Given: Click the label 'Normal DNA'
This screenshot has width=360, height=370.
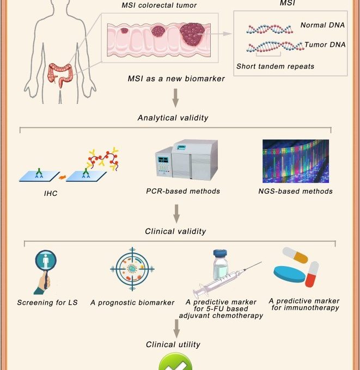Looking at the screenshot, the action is [322, 25].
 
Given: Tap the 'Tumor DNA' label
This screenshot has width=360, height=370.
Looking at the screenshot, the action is [325, 45].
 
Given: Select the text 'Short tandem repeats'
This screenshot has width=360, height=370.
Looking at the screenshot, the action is [275, 66].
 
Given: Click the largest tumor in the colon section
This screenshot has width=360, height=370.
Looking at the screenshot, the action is [192, 34].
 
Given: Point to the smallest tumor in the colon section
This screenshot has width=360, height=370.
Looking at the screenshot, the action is [124, 30].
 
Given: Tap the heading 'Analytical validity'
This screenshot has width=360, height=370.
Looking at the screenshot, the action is [173, 118].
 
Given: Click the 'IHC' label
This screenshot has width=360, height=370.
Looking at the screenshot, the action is [51, 194].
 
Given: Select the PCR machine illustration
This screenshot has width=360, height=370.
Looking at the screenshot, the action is [186, 160].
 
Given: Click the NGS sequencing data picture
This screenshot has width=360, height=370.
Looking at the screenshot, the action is [296, 161].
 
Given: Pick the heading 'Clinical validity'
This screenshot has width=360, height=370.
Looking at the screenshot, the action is [175, 231].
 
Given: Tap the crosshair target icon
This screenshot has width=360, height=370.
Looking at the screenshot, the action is [132, 269].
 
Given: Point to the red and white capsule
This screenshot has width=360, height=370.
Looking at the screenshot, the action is [312, 274].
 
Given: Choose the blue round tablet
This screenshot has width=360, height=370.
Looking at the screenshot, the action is [289, 274].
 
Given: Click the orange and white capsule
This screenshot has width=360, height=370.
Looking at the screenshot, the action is [295, 255].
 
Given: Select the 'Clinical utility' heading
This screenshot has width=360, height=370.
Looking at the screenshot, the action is [173, 344].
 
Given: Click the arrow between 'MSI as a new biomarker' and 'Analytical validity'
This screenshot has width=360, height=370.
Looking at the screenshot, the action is [175, 98].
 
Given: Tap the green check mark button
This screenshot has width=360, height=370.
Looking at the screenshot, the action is [175, 362].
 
